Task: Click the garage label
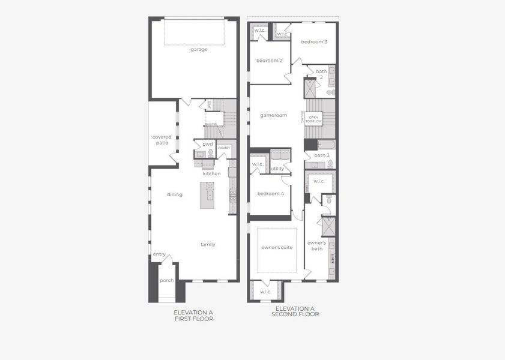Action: (x=199, y=49)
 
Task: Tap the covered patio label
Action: (x=162, y=140)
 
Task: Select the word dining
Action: (x=175, y=194)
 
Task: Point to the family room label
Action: (x=208, y=244)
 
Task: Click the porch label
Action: (x=166, y=280)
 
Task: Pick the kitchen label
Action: (x=211, y=173)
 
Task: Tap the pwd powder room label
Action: (x=208, y=144)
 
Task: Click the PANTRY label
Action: (x=224, y=147)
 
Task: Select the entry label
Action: (x=159, y=254)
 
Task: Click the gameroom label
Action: (x=273, y=115)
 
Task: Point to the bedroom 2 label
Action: (x=269, y=61)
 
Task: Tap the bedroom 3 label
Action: (x=314, y=42)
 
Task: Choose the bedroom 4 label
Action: (x=271, y=193)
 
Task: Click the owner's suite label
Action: (x=277, y=247)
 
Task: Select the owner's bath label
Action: (x=316, y=245)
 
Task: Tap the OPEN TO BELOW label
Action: (x=315, y=119)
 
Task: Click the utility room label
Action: (x=277, y=169)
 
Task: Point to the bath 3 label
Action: (x=321, y=155)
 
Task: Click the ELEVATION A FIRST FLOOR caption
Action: (x=193, y=316)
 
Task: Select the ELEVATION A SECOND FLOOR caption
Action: (x=295, y=311)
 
